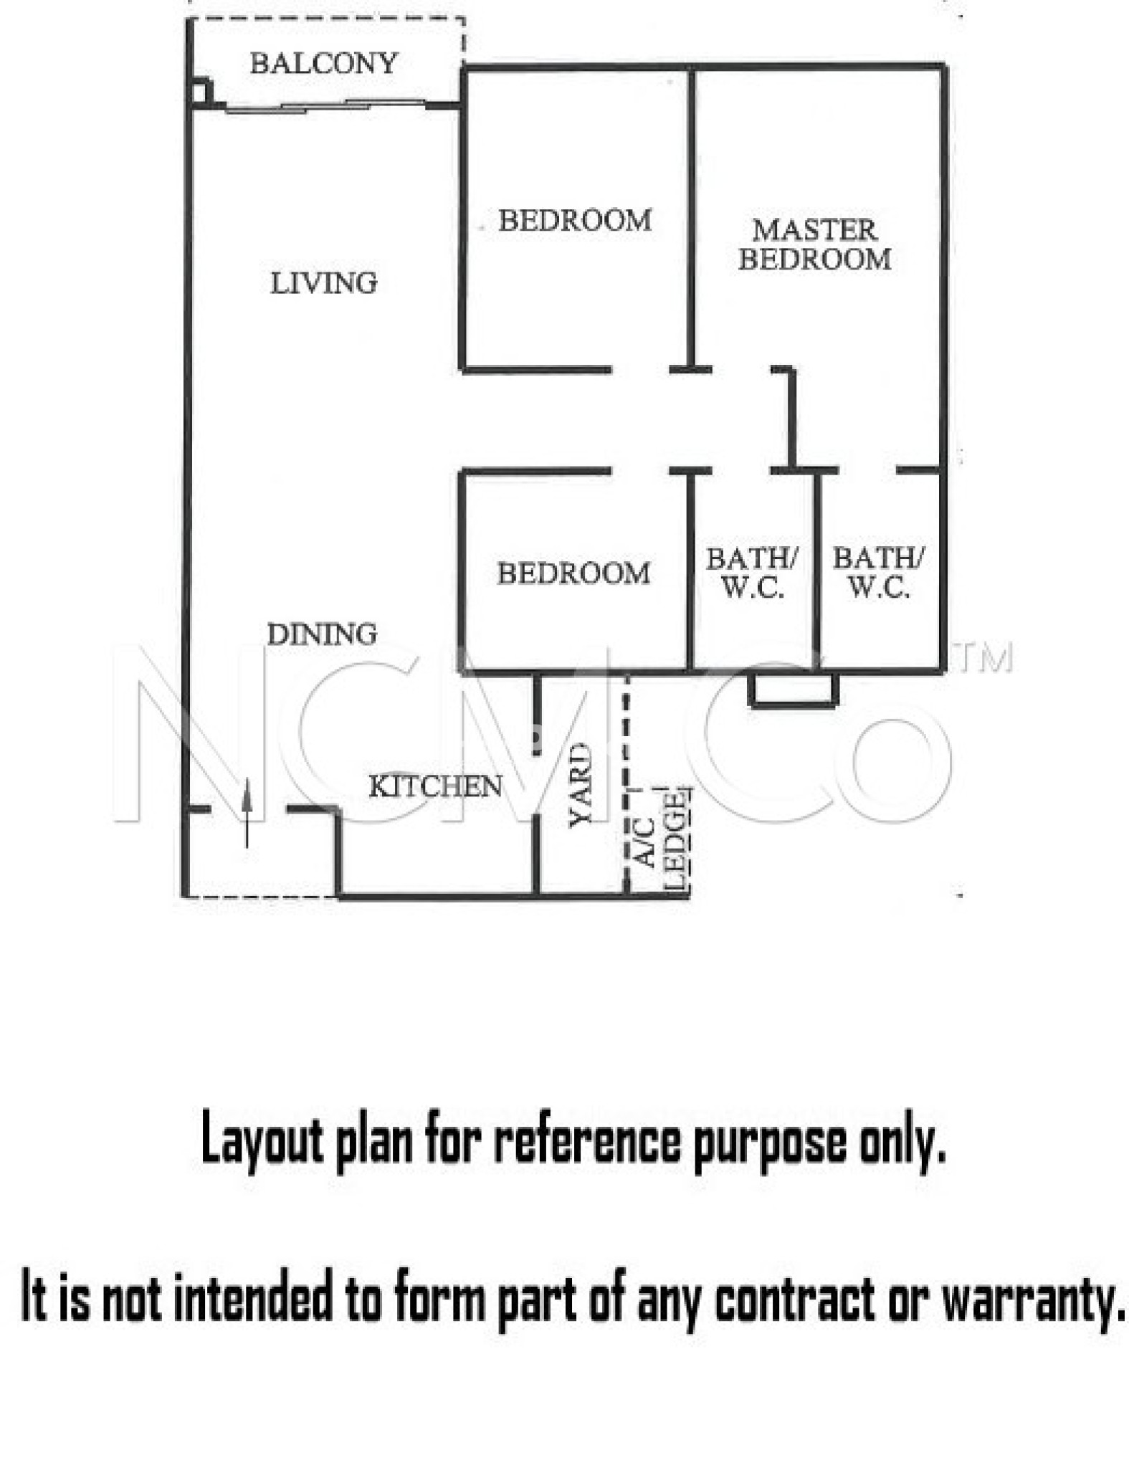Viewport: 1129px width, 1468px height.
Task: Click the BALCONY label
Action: (323, 64)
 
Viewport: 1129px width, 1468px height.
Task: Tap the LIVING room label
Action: (323, 283)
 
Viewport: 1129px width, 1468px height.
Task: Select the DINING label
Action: (322, 634)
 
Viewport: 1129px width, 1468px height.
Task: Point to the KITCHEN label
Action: (435, 787)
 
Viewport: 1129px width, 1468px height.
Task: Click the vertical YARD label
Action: (581, 785)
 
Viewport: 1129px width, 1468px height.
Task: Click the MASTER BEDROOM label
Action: (815, 244)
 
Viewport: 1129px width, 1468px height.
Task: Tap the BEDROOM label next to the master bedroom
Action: (575, 220)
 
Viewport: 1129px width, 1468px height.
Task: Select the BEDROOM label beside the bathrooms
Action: (573, 573)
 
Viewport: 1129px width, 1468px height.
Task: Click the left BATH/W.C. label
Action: (752, 573)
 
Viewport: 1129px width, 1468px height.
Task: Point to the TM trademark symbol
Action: (986, 657)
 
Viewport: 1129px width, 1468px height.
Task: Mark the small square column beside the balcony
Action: (201, 91)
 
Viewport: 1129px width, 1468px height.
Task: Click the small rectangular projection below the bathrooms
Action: (793, 690)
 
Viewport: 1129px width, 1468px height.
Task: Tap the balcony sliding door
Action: (326, 107)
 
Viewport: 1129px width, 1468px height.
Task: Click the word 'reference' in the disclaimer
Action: (587, 1142)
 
